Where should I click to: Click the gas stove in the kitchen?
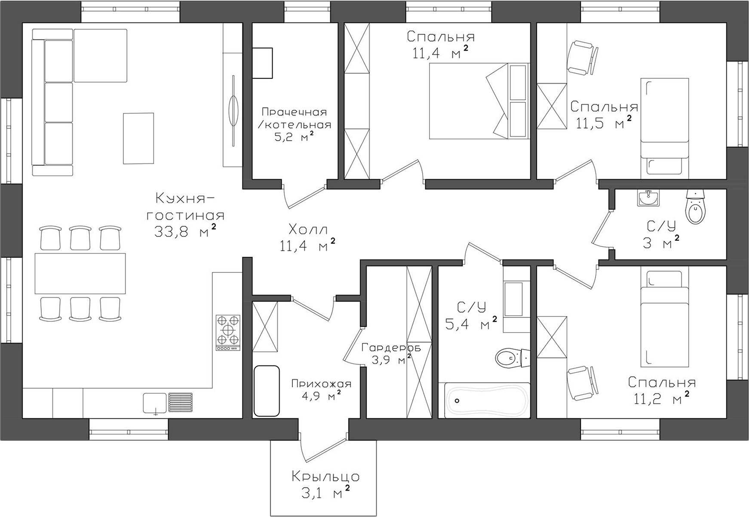228,333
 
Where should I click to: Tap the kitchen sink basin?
155,403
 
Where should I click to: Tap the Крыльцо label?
325,477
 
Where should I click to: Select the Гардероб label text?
391,347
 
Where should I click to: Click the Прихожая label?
321,383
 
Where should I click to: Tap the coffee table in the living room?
138,138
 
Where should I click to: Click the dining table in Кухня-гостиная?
80,273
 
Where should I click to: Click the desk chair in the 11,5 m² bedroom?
583,58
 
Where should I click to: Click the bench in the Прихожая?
267,391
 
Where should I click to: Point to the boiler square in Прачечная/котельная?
262,63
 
